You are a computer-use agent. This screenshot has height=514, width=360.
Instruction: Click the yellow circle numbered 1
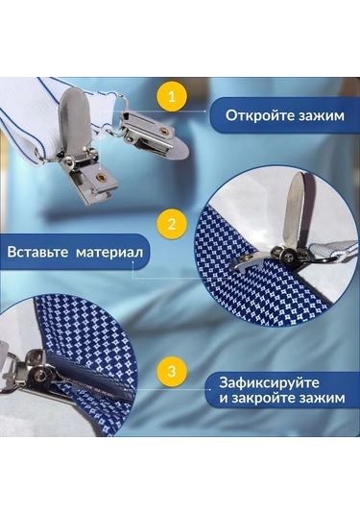click(172, 96)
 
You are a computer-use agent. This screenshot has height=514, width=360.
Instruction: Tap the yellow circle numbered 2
click(172, 226)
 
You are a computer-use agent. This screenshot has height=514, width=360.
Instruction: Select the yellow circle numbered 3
click(172, 370)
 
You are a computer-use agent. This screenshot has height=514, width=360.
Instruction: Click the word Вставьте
click(39, 253)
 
